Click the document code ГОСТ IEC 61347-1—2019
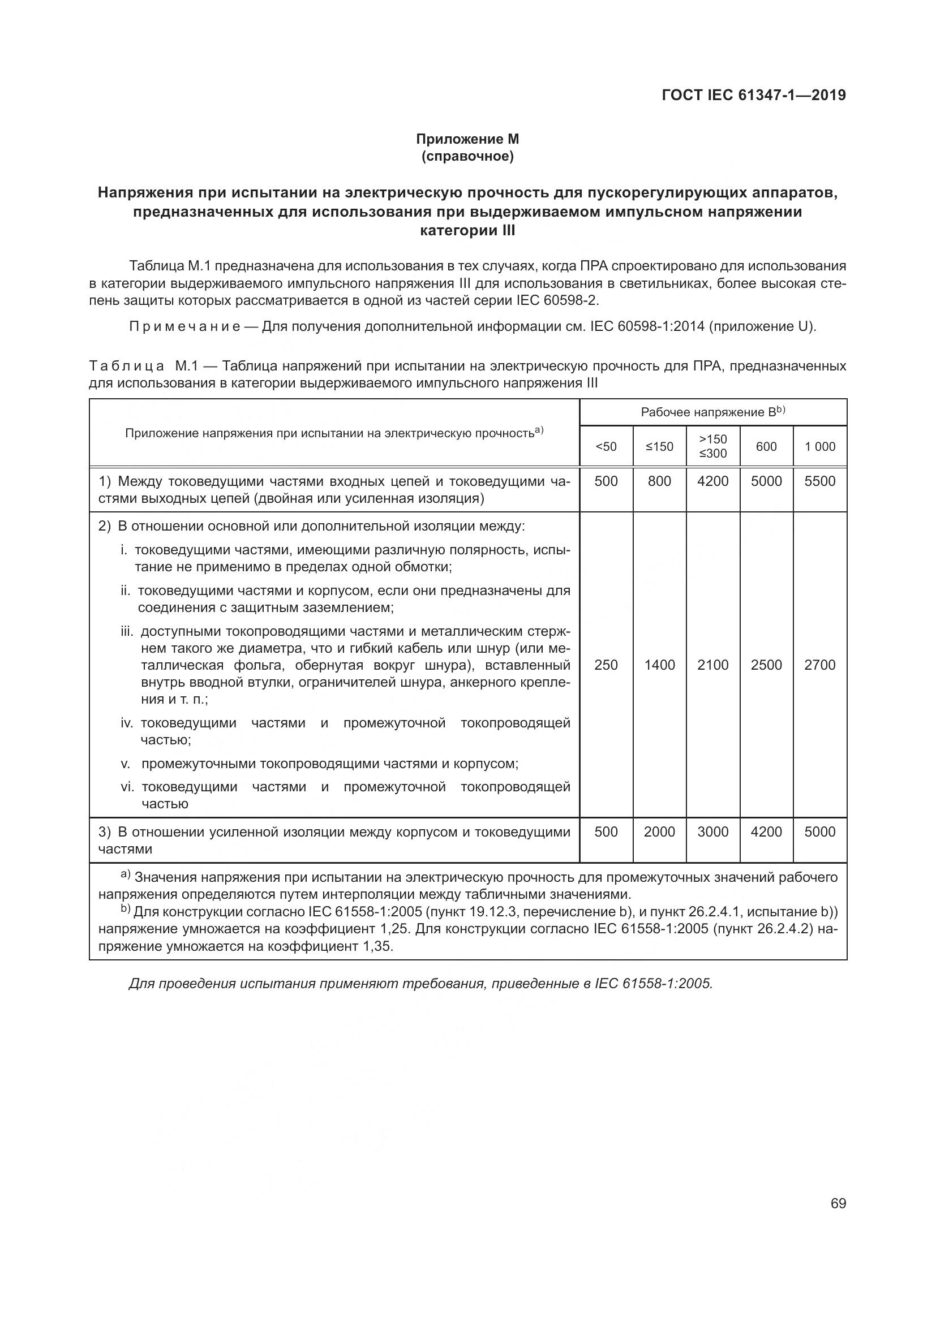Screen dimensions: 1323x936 (753, 95)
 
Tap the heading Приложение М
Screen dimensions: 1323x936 (467, 139)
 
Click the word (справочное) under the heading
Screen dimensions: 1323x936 (467, 156)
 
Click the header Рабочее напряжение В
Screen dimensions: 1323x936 (712, 412)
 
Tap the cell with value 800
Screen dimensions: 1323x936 (659, 481)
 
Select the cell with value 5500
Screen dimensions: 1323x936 (820, 481)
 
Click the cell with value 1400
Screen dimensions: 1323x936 (659, 665)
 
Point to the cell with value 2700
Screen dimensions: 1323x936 (820, 665)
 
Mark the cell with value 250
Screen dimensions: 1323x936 (606, 665)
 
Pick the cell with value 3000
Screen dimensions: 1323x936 (713, 832)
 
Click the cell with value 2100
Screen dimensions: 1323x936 (713, 665)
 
